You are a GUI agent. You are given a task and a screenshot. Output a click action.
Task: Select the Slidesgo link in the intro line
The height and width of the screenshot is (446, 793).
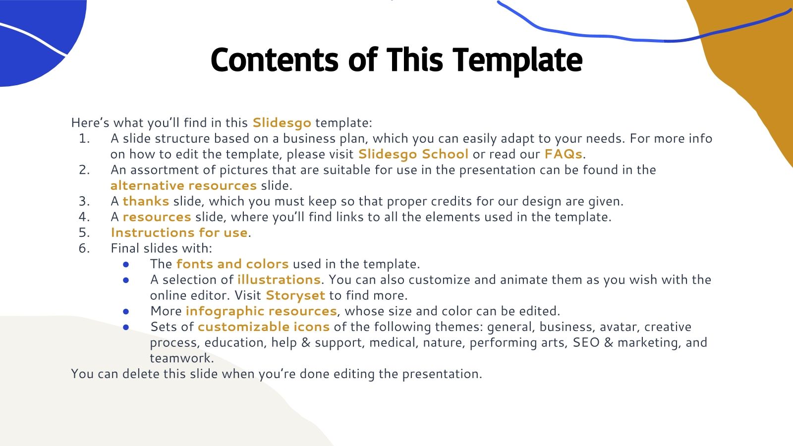pos(282,122)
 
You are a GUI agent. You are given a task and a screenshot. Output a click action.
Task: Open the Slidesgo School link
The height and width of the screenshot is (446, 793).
pos(413,154)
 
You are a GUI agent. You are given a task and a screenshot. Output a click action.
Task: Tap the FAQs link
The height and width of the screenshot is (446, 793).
pos(563,154)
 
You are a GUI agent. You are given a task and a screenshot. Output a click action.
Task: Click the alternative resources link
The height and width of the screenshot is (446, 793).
pos(183,185)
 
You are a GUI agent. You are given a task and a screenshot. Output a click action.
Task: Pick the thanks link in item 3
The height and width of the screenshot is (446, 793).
pos(146,201)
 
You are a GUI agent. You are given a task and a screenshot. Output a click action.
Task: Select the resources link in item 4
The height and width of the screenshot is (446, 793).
pos(157,217)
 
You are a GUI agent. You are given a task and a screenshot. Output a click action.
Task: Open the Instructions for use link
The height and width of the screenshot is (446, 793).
pos(179,232)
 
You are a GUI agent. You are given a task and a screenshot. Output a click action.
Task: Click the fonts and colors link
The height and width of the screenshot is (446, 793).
pos(232,264)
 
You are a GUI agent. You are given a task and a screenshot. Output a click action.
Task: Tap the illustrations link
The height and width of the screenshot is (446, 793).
pos(279,279)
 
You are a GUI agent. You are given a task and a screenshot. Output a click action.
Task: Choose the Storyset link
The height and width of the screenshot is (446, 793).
pos(295,295)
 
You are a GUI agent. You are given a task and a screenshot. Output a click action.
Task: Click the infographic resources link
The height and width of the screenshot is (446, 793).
pos(261,311)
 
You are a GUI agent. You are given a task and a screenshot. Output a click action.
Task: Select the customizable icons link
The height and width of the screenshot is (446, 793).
pos(263,327)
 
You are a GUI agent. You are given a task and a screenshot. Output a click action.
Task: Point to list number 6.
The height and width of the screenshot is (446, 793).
pos(84,248)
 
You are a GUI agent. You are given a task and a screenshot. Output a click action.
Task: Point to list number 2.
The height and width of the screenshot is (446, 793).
pos(84,170)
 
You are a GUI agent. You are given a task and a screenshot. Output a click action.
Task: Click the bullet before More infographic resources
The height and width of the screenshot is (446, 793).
pos(126,311)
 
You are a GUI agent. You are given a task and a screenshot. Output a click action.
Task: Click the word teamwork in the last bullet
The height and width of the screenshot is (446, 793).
pos(181,358)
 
